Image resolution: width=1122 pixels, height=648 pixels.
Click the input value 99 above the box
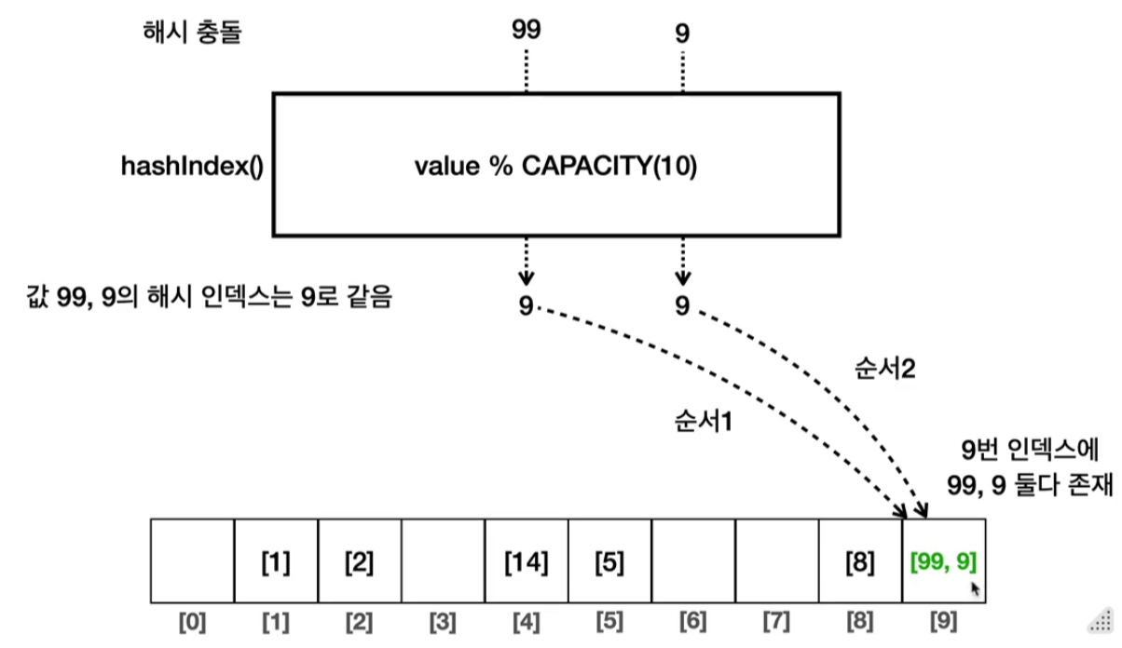(x=527, y=31)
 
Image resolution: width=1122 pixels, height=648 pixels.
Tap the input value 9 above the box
(x=682, y=34)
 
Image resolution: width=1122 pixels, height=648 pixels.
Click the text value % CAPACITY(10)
(x=556, y=167)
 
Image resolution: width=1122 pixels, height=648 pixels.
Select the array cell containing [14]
(x=526, y=562)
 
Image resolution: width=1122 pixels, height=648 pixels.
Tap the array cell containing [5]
(x=609, y=562)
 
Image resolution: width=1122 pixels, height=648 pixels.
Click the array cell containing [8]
(x=859, y=562)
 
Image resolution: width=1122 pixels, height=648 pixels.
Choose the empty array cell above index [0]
(x=192, y=562)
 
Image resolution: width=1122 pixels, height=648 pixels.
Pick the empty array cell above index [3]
(x=443, y=562)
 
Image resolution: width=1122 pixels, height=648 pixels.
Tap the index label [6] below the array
(x=692, y=618)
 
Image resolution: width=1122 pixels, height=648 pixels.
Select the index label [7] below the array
(x=775, y=618)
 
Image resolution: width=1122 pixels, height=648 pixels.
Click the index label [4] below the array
(x=526, y=618)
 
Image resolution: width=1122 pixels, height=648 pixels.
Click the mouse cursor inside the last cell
(x=974, y=588)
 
